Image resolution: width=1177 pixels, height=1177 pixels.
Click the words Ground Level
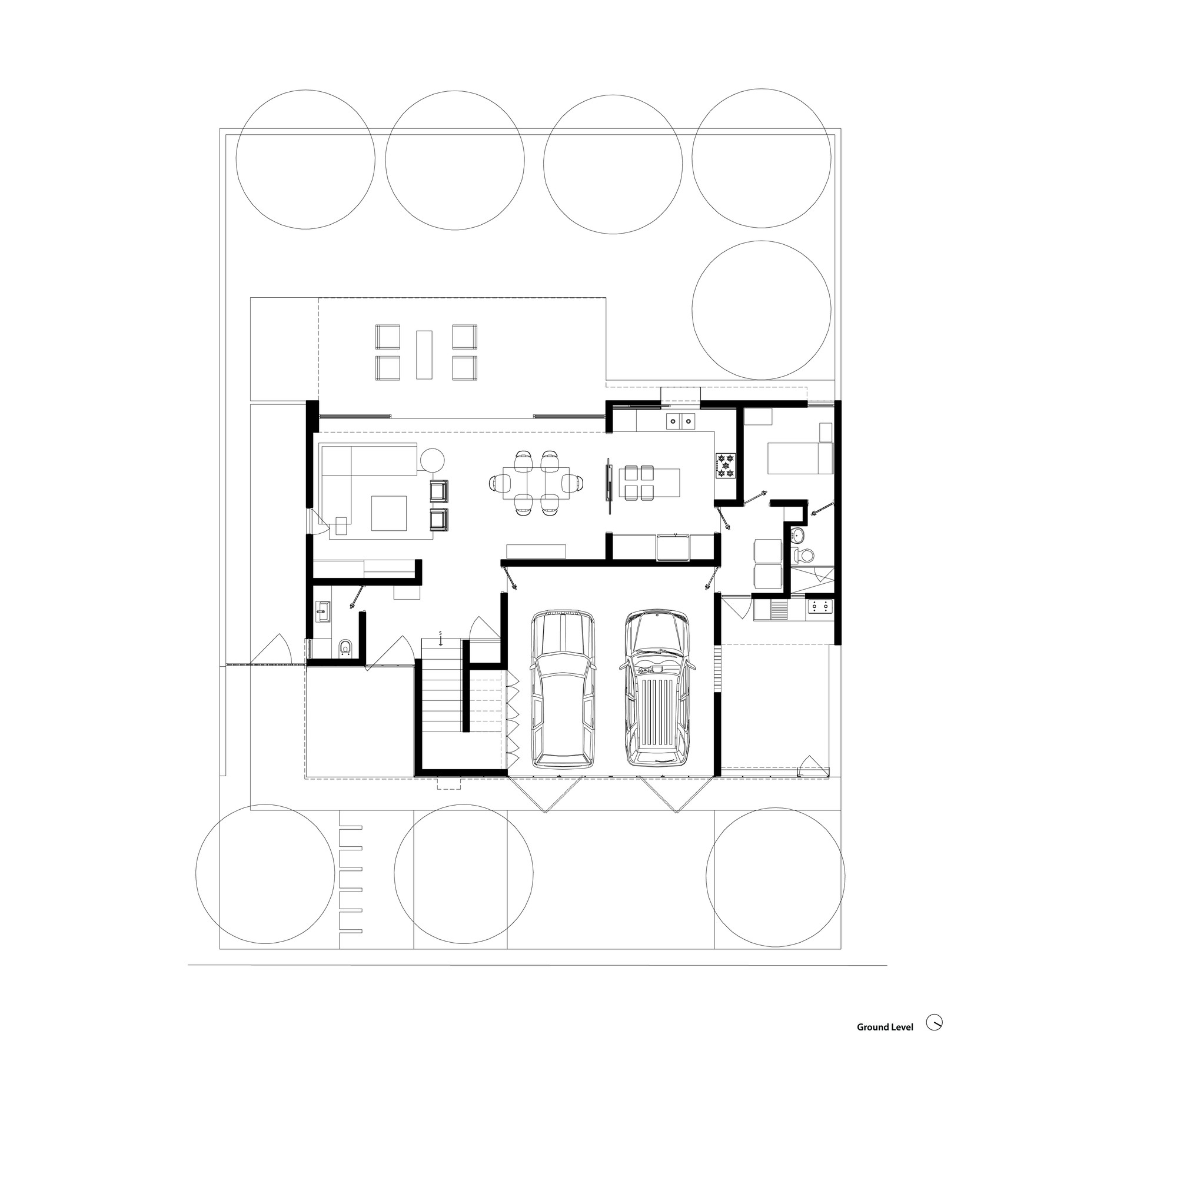coord(885,1026)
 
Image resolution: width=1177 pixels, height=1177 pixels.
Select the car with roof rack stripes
coord(657,689)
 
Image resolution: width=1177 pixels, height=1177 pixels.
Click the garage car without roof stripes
coord(563,689)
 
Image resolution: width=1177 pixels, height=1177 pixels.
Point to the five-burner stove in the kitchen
coord(726,464)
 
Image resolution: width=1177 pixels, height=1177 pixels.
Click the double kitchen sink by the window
coord(680,420)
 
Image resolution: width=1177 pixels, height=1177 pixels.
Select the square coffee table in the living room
coord(388,513)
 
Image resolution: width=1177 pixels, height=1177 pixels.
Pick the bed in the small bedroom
coord(799,458)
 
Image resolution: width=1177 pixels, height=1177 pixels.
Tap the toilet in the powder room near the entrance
coord(345,648)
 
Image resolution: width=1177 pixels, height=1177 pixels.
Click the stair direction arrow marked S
coord(440,639)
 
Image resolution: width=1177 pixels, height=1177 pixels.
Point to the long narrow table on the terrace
coord(424,354)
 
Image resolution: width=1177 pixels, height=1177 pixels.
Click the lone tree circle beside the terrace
coord(761,310)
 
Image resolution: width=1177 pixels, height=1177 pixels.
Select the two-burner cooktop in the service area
coord(819,606)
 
